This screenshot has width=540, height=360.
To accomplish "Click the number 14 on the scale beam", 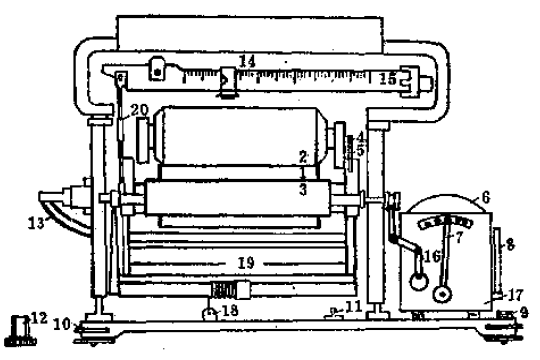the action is [247, 62].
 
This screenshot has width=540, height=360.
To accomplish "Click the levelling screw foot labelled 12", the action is [18, 327].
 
